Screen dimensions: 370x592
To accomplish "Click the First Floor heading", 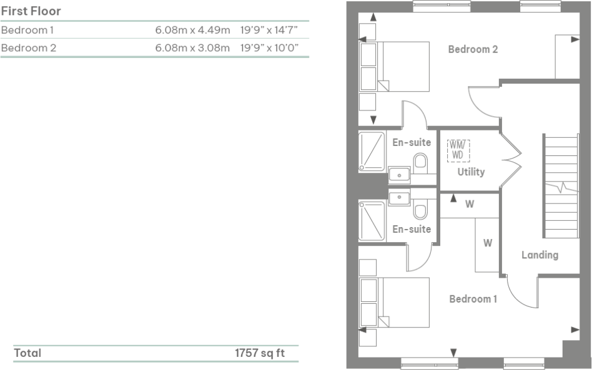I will tap(31, 12).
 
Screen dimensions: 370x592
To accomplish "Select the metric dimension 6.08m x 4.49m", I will tap(192, 30).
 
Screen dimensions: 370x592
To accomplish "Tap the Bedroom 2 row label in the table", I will tap(29, 47).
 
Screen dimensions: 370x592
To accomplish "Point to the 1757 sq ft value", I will tap(259, 353).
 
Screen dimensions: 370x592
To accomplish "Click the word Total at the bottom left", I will tap(27, 353).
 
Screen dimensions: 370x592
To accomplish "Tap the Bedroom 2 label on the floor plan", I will tap(473, 49).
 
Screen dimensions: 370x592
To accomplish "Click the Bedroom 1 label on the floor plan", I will tap(473, 299).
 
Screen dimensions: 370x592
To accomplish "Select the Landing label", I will tap(540, 255).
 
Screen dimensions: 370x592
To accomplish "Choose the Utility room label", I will tap(470, 172).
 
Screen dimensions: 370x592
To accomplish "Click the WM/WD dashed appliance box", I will tap(458, 150).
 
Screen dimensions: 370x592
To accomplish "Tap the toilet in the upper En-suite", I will tap(420, 163).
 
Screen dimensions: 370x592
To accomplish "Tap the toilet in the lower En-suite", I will tap(420, 210).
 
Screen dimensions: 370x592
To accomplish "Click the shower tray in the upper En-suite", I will tap(372, 151).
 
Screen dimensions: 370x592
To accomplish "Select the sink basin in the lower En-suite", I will tap(398, 198).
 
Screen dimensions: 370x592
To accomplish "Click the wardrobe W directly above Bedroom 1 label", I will tap(487, 243).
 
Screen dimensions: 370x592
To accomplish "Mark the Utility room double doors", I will tap(511, 160).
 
